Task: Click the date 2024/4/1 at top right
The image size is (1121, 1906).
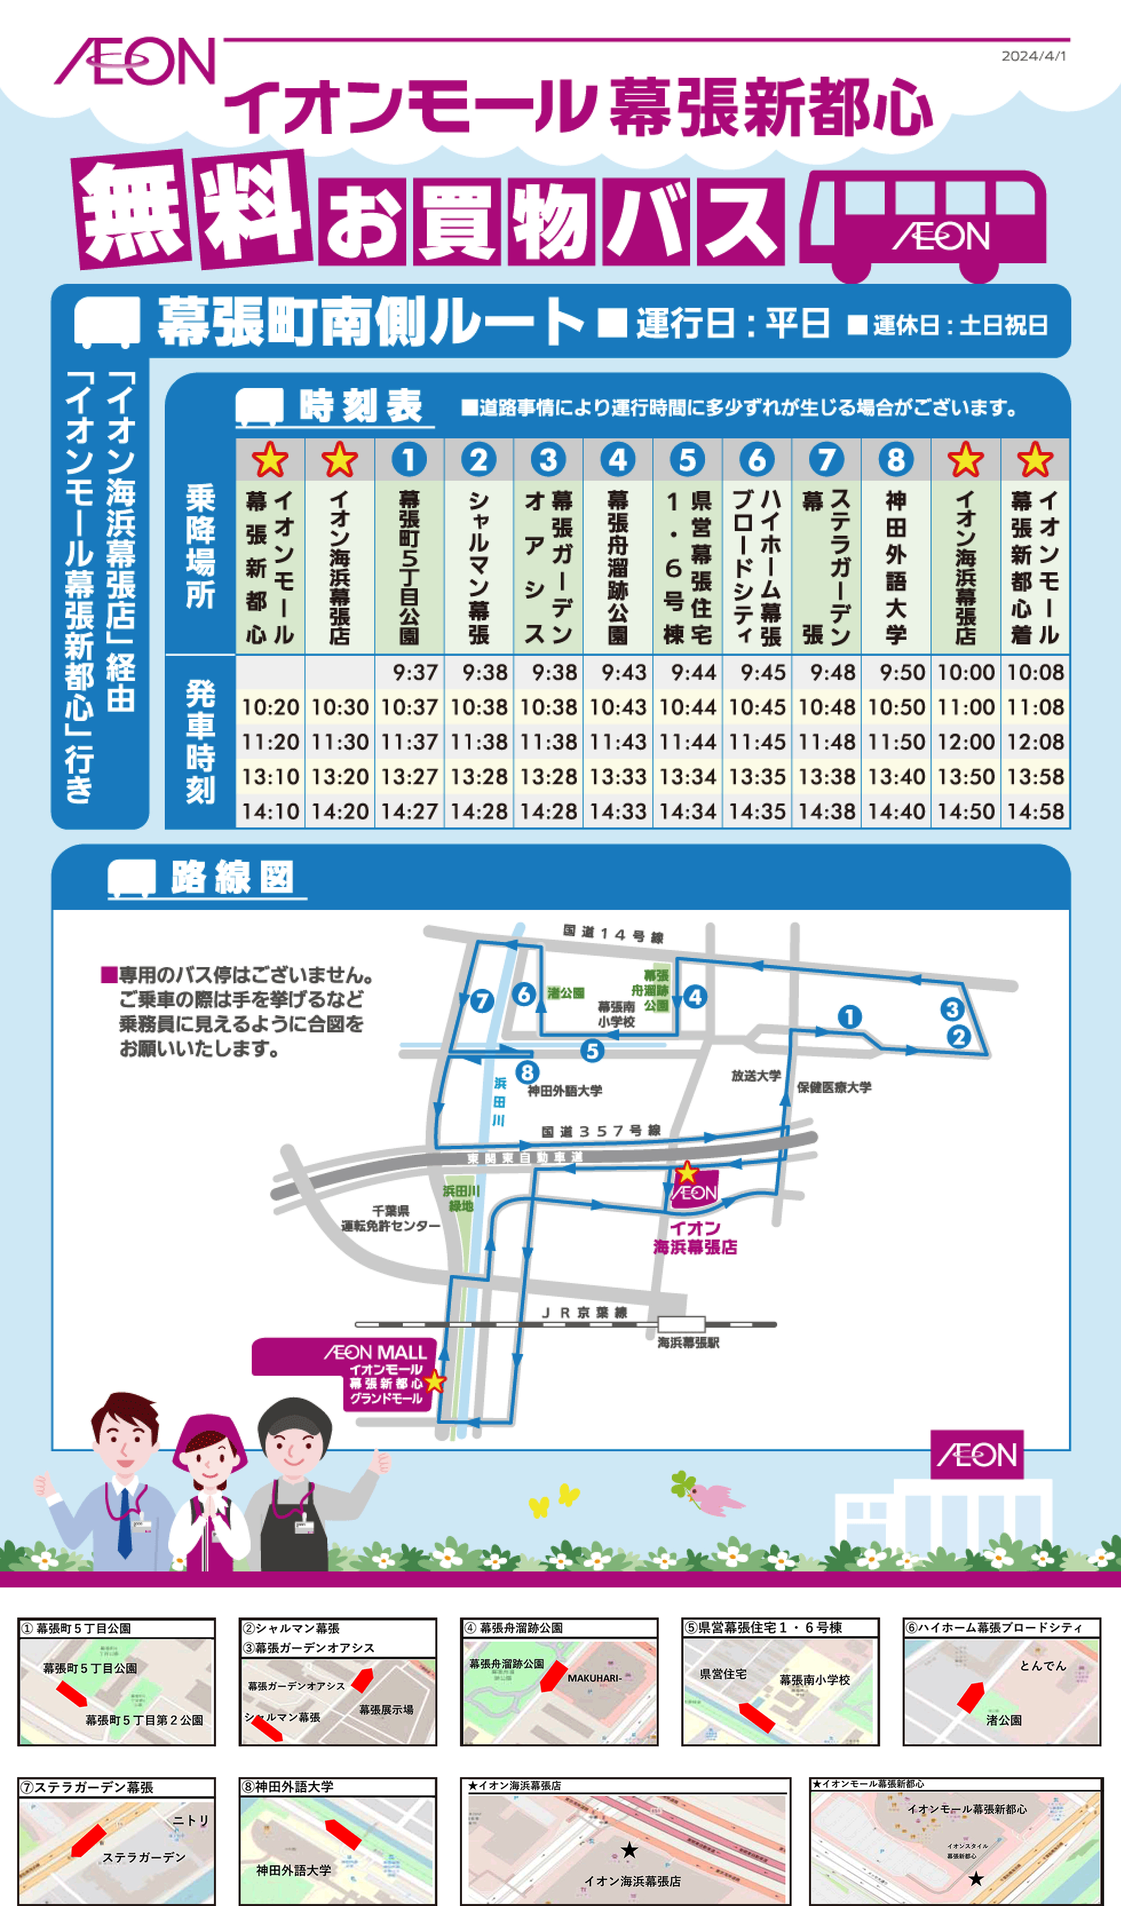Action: tap(1033, 56)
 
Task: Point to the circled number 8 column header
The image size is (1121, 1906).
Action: tap(895, 459)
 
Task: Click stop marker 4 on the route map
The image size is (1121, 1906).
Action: tap(694, 997)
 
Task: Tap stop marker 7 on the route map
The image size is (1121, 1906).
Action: tap(481, 1001)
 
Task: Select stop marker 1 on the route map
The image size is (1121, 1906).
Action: tap(849, 1017)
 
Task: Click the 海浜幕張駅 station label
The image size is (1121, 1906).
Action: tap(688, 1342)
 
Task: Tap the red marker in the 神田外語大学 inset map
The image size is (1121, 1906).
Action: tap(342, 1834)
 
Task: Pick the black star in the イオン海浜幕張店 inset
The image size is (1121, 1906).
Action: tap(629, 1850)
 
